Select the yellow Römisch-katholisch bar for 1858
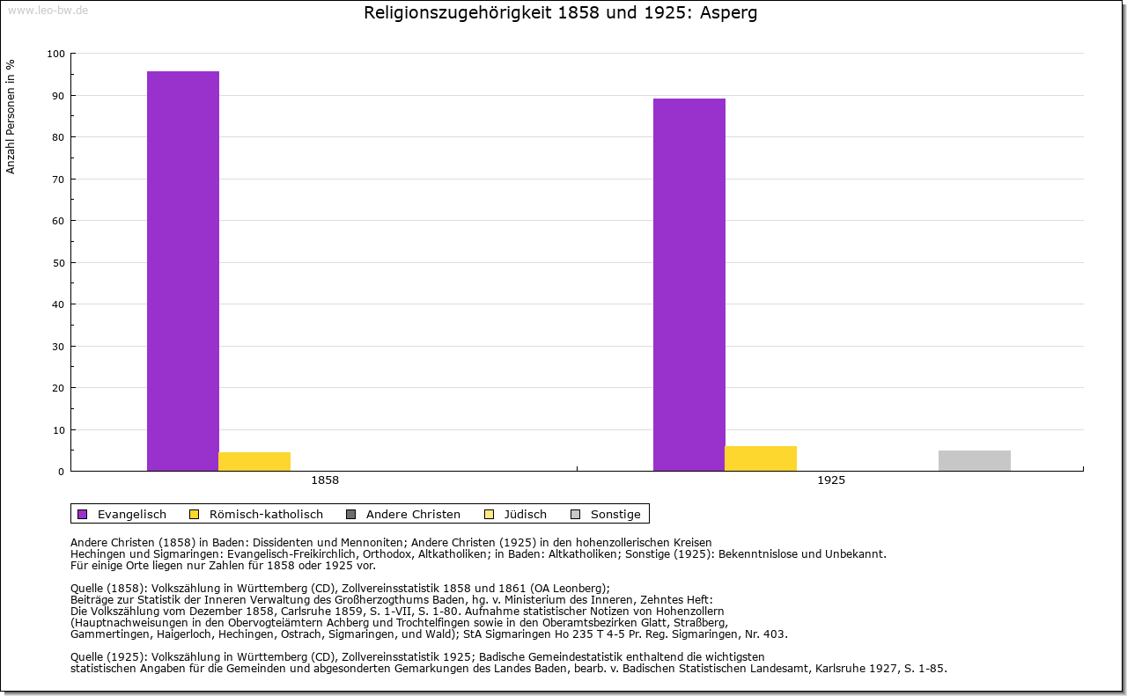point(254,462)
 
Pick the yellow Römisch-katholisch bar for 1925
point(761,458)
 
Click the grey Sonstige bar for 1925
point(975,461)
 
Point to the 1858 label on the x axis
point(325,481)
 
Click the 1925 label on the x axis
point(831,481)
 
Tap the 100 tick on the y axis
point(55,54)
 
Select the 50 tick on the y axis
point(58,263)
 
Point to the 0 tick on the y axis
point(61,472)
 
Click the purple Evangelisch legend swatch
point(83,514)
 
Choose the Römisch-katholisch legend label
point(266,514)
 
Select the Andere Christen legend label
point(413,514)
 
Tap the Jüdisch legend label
point(525,514)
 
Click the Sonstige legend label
point(615,514)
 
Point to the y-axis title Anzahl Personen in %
point(11,117)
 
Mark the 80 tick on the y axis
point(58,137)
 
